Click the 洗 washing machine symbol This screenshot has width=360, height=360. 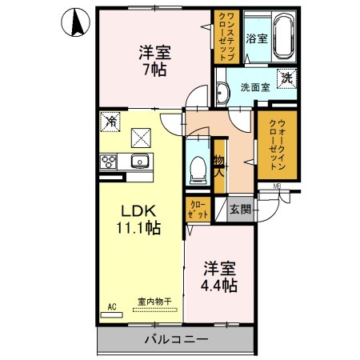[x=285, y=79]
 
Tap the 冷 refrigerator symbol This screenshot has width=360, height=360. [x=110, y=124]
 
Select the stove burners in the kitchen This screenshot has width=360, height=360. [x=110, y=162]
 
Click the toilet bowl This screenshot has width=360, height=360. [x=197, y=166]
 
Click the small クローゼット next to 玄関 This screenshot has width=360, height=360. [x=198, y=210]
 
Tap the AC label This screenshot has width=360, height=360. [x=112, y=305]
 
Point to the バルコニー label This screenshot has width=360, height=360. [x=177, y=339]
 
